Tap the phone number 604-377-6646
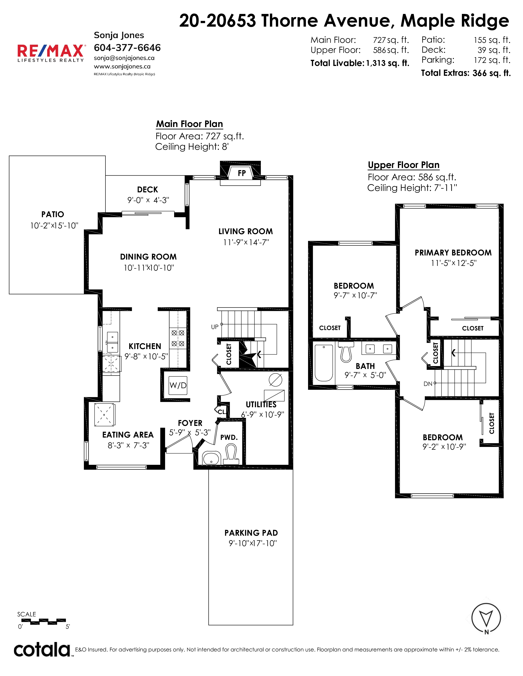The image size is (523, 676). click(x=127, y=48)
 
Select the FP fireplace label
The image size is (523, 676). click(x=242, y=173)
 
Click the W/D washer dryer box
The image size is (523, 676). click(x=178, y=385)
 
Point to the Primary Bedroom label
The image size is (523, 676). click(x=453, y=253)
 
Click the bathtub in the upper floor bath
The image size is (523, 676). click(x=324, y=363)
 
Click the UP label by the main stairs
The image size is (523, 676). click(x=215, y=327)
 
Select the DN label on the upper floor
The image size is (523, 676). click(x=428, y=384)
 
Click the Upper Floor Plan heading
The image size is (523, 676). click(x=404, y=165)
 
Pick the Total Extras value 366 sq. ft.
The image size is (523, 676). click(x=492, y=73)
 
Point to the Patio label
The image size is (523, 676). click(x=53, y=214)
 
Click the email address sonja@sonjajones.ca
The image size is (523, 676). click(x=124, y=58)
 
